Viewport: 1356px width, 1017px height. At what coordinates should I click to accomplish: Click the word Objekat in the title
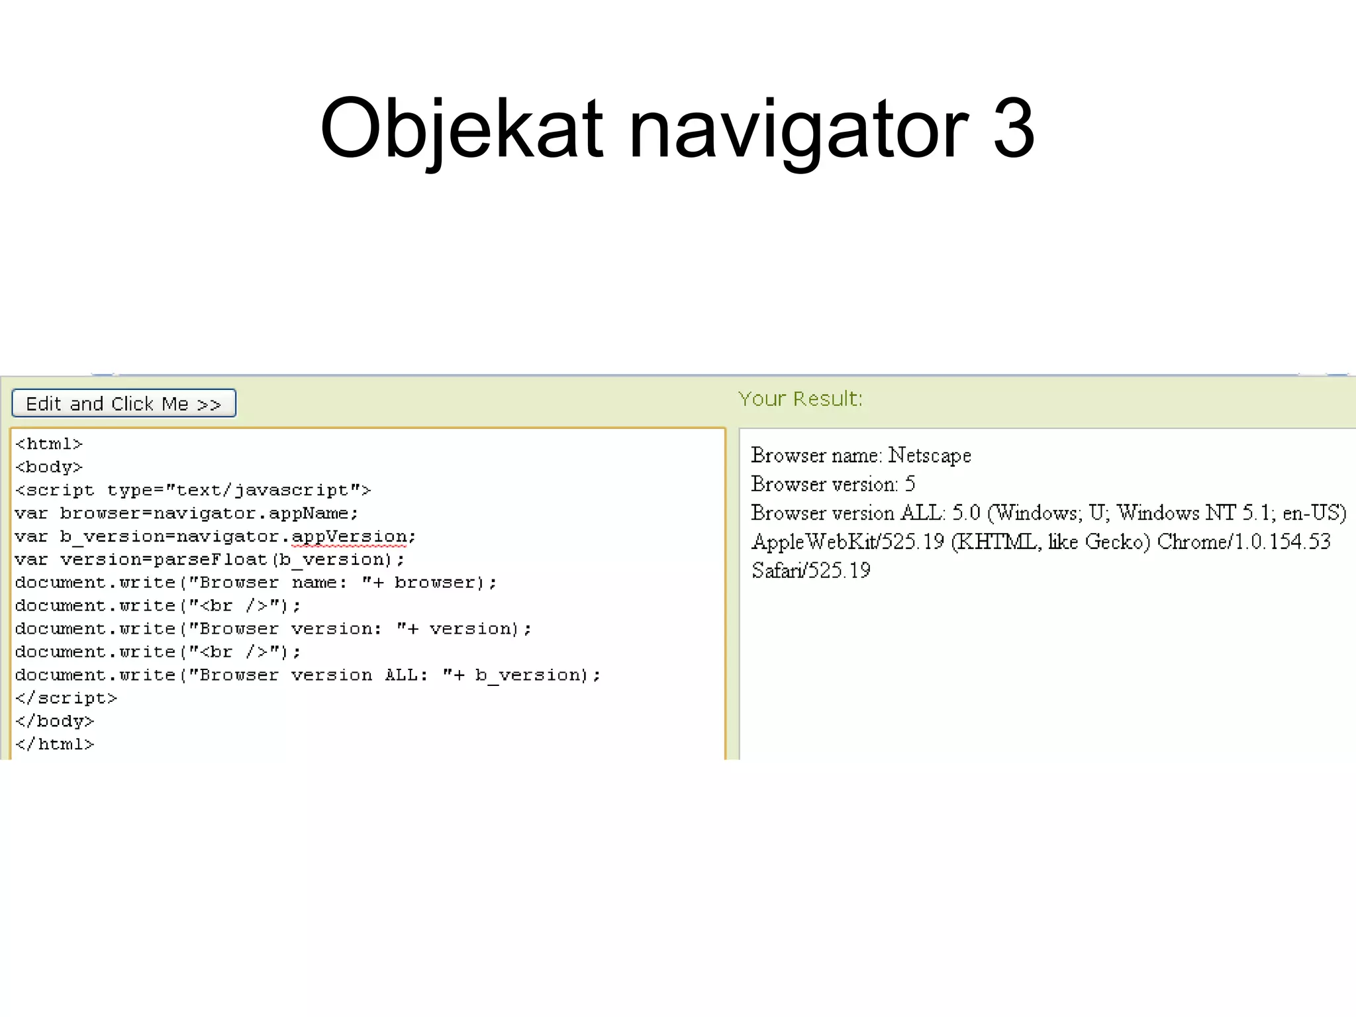tap(461, 129)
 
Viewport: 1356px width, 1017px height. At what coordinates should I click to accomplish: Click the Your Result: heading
tap(800, 399)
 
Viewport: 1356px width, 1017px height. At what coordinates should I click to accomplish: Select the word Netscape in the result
tap(930, 456)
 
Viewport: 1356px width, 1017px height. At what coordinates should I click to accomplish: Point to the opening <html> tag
tap(49, 444)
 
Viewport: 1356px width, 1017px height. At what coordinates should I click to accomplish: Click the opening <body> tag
tap(49, 467)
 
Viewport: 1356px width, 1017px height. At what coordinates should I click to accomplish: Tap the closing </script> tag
tap(66, 698)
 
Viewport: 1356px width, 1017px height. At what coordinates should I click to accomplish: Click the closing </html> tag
tap(55, 744)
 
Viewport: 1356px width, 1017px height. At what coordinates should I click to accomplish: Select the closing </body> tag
tap(55, 721)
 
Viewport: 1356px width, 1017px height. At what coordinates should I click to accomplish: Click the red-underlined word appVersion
tap(349, 536)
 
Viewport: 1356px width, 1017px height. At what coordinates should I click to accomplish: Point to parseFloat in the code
tap(210, 559)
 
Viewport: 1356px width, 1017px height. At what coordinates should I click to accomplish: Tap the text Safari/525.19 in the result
tap(811, 570)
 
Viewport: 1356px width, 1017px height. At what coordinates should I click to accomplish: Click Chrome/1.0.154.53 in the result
tap(1243, 542)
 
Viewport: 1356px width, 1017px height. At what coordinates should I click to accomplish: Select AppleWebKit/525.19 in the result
tap(847, 542)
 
